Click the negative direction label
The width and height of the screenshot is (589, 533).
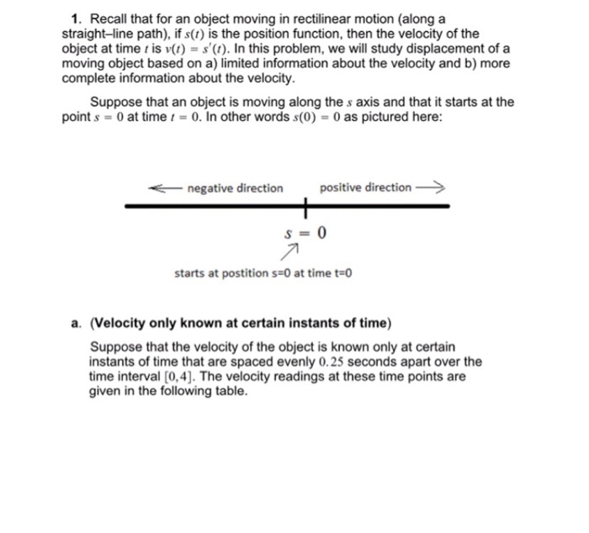[x=235, y=187]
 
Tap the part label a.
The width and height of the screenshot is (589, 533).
[x=76, y=324]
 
